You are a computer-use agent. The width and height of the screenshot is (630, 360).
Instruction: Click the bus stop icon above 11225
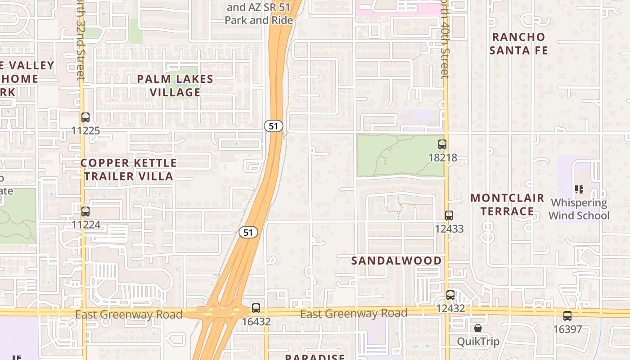(x=85, y=118)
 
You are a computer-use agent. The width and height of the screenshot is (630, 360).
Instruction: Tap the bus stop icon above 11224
(x=85, y=211)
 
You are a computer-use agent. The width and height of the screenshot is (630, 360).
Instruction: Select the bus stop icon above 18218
(x=442, y=144)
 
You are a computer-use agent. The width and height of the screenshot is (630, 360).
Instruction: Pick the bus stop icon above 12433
(x=449, y=216)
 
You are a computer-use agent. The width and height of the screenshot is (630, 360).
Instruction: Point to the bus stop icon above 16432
(x=256, y=308)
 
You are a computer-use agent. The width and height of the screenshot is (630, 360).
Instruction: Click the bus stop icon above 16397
(x=567, y=315)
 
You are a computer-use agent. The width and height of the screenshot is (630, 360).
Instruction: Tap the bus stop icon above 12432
(x=450, y=295)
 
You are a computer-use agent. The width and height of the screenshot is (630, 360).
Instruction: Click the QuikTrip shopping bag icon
(x=478, y=328)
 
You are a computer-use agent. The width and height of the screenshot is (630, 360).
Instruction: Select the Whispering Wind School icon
(x=579, y=189)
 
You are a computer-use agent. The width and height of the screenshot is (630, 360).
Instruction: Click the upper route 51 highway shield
(x=274, y=126)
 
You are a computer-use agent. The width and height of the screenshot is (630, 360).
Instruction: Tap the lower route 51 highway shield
(x=248, y=232)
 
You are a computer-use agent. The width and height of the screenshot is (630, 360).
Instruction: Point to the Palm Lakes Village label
(x=175, y=85)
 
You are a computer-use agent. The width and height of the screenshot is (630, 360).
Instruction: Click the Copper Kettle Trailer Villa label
(x=129, y=169)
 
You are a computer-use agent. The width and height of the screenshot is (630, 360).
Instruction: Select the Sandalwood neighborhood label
(x=396, y=261)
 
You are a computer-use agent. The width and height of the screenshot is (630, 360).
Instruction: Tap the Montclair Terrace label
(x=507, y=204)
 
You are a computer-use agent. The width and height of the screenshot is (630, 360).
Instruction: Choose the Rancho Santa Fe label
(x=519, y=44)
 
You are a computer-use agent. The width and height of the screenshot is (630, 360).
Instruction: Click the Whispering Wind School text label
(x=579, y=209)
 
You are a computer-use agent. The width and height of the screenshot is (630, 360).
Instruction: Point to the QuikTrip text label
(x=478, y=342)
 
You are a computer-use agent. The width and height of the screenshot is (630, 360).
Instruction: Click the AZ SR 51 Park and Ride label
(x=259, y=13)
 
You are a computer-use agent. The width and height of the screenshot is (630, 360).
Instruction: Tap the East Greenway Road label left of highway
(x=129, y=314)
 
